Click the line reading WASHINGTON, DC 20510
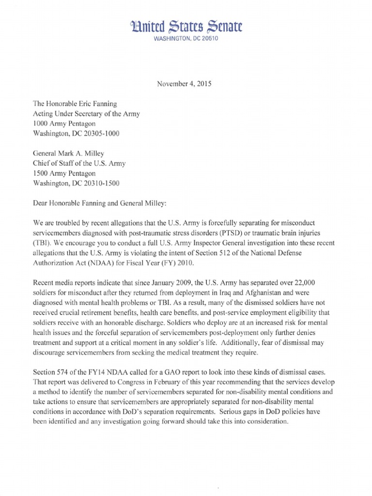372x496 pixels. [186, 39]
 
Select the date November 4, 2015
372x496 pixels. [184, 83]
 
